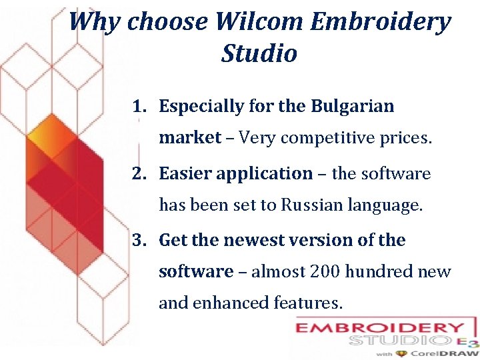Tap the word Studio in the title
click(x=259, y=53)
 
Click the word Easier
click(x=186, y=173)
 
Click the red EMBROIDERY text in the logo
click(x=379, y=328)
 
